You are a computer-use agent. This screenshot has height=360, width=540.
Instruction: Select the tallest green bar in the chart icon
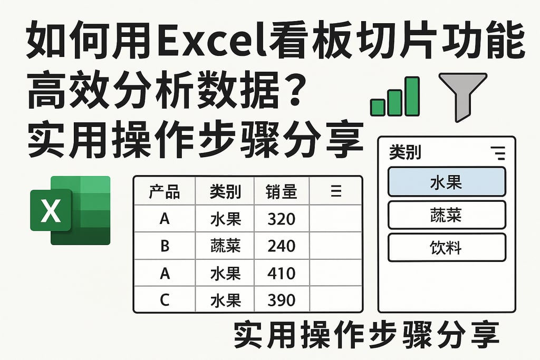pyautogui.click(x=412, y=96)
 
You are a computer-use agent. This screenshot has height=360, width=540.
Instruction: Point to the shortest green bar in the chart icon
pyautogui.click(x=378, y=107)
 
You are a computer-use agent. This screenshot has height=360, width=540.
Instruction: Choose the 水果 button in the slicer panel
pyautogui.click(x=446, y=182)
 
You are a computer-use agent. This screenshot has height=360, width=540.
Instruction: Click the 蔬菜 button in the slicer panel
pyautogui.click(x=446, y=215)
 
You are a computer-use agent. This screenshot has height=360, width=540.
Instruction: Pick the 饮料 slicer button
pyautogui.click(x=446, y=247)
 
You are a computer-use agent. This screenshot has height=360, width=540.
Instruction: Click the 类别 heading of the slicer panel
pyautogui.click(x=404, y=153)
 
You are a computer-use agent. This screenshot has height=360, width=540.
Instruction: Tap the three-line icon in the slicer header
pyautogui.click(x=497, y=153)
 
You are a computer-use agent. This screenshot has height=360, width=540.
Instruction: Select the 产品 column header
pyautogui.click(x=164, y=192)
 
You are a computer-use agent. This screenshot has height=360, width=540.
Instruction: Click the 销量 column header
pyautogui.click(x=281, y=192)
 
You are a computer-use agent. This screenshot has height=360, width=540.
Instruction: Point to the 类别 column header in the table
pyautogui.click(x=225, y=192)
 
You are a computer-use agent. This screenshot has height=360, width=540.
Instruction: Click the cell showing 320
pyautogui.click(x=281, y=218)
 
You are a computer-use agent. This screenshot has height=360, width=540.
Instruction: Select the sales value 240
pyautogui.click(x=281, y=246)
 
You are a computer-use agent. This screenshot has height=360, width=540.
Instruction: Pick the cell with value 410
pyautogui.click(x=281, y=273)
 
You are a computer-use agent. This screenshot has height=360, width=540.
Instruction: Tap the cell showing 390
pyautogui.click(x=281, y=300)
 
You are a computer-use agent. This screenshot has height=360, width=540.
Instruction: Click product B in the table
pyautogui.click(x=165, y=246)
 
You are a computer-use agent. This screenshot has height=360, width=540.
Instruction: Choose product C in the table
pyautogui.click(x=165, y=300)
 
